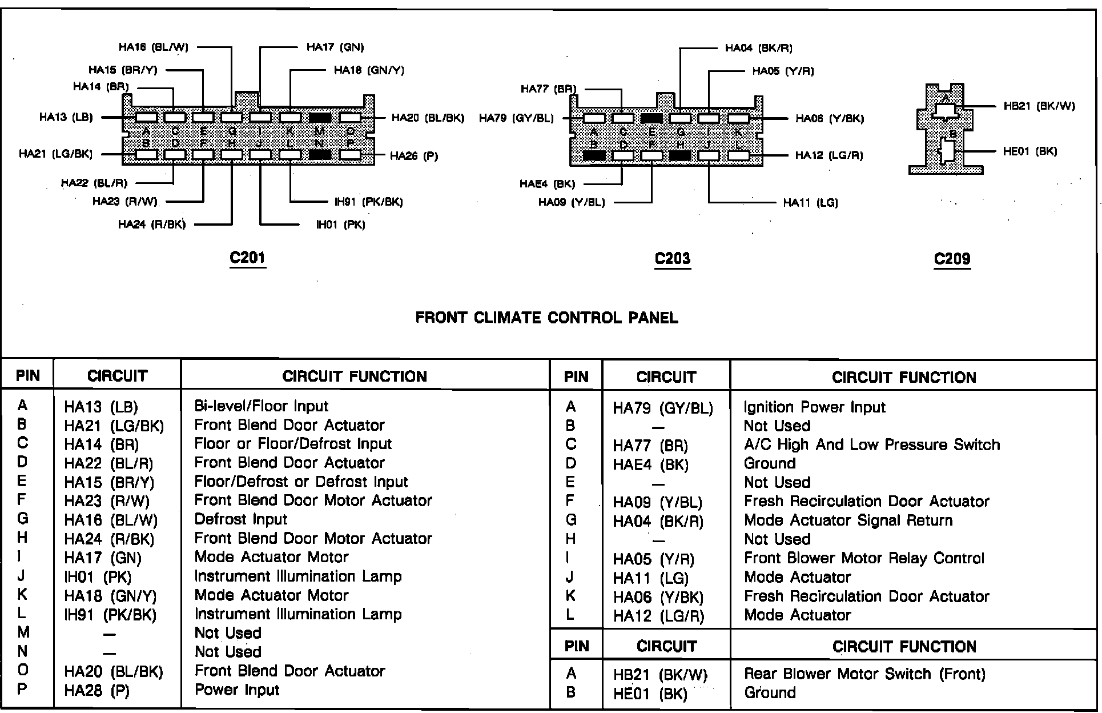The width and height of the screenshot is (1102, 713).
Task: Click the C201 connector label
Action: click(247, 258)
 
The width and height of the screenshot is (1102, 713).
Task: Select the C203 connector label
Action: click(673, 258)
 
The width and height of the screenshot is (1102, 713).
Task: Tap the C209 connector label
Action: click(952, 259)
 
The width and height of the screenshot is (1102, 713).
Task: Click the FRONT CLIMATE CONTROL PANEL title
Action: click(546, 318)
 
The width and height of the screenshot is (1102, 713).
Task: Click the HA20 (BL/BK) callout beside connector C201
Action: click(428, 118)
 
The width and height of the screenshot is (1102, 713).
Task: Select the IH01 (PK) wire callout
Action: click(340, 225)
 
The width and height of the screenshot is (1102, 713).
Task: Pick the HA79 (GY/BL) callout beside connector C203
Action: click(516, 118)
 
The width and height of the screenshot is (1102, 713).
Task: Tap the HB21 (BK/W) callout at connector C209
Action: click(1039, 106)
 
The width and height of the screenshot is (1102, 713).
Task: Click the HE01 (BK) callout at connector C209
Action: click(1030, 151)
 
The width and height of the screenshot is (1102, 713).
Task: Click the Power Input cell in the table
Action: click(237, 690)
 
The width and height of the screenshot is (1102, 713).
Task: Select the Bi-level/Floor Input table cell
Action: click(261, 406)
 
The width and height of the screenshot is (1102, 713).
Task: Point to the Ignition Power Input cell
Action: click(814, 407)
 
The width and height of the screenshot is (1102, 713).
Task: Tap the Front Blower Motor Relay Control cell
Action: click(864, 558)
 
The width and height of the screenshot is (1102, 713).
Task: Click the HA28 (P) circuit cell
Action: click(96, 691)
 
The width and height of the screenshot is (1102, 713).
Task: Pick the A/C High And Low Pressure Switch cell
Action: click(872, 445)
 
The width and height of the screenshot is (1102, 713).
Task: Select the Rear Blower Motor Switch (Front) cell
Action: click(864, 674)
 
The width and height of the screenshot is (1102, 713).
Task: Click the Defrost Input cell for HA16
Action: click(240, 519)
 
